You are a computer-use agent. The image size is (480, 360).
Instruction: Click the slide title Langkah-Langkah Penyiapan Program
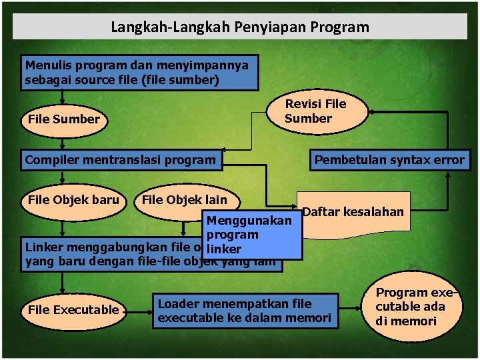pos(240,27)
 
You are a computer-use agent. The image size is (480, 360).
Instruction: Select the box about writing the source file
pos(139,73)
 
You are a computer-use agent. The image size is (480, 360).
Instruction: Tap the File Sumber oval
pos(64,120)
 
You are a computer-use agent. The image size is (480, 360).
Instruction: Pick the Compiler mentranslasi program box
pos(121,160)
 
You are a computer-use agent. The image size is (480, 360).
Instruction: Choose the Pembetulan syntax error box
pos(389,160)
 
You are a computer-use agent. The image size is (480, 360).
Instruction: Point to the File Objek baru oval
pos(72,200)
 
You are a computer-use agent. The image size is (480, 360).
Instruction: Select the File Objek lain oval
pos(185,200)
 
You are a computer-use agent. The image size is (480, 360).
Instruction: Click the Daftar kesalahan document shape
pos(353,213)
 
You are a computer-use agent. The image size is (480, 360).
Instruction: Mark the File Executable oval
pos(73,310)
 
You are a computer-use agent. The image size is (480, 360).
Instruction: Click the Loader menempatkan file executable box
pos(244,311)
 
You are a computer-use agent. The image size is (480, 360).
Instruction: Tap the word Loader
pos(179,303)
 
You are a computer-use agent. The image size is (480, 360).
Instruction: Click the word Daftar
pos(319,212)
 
